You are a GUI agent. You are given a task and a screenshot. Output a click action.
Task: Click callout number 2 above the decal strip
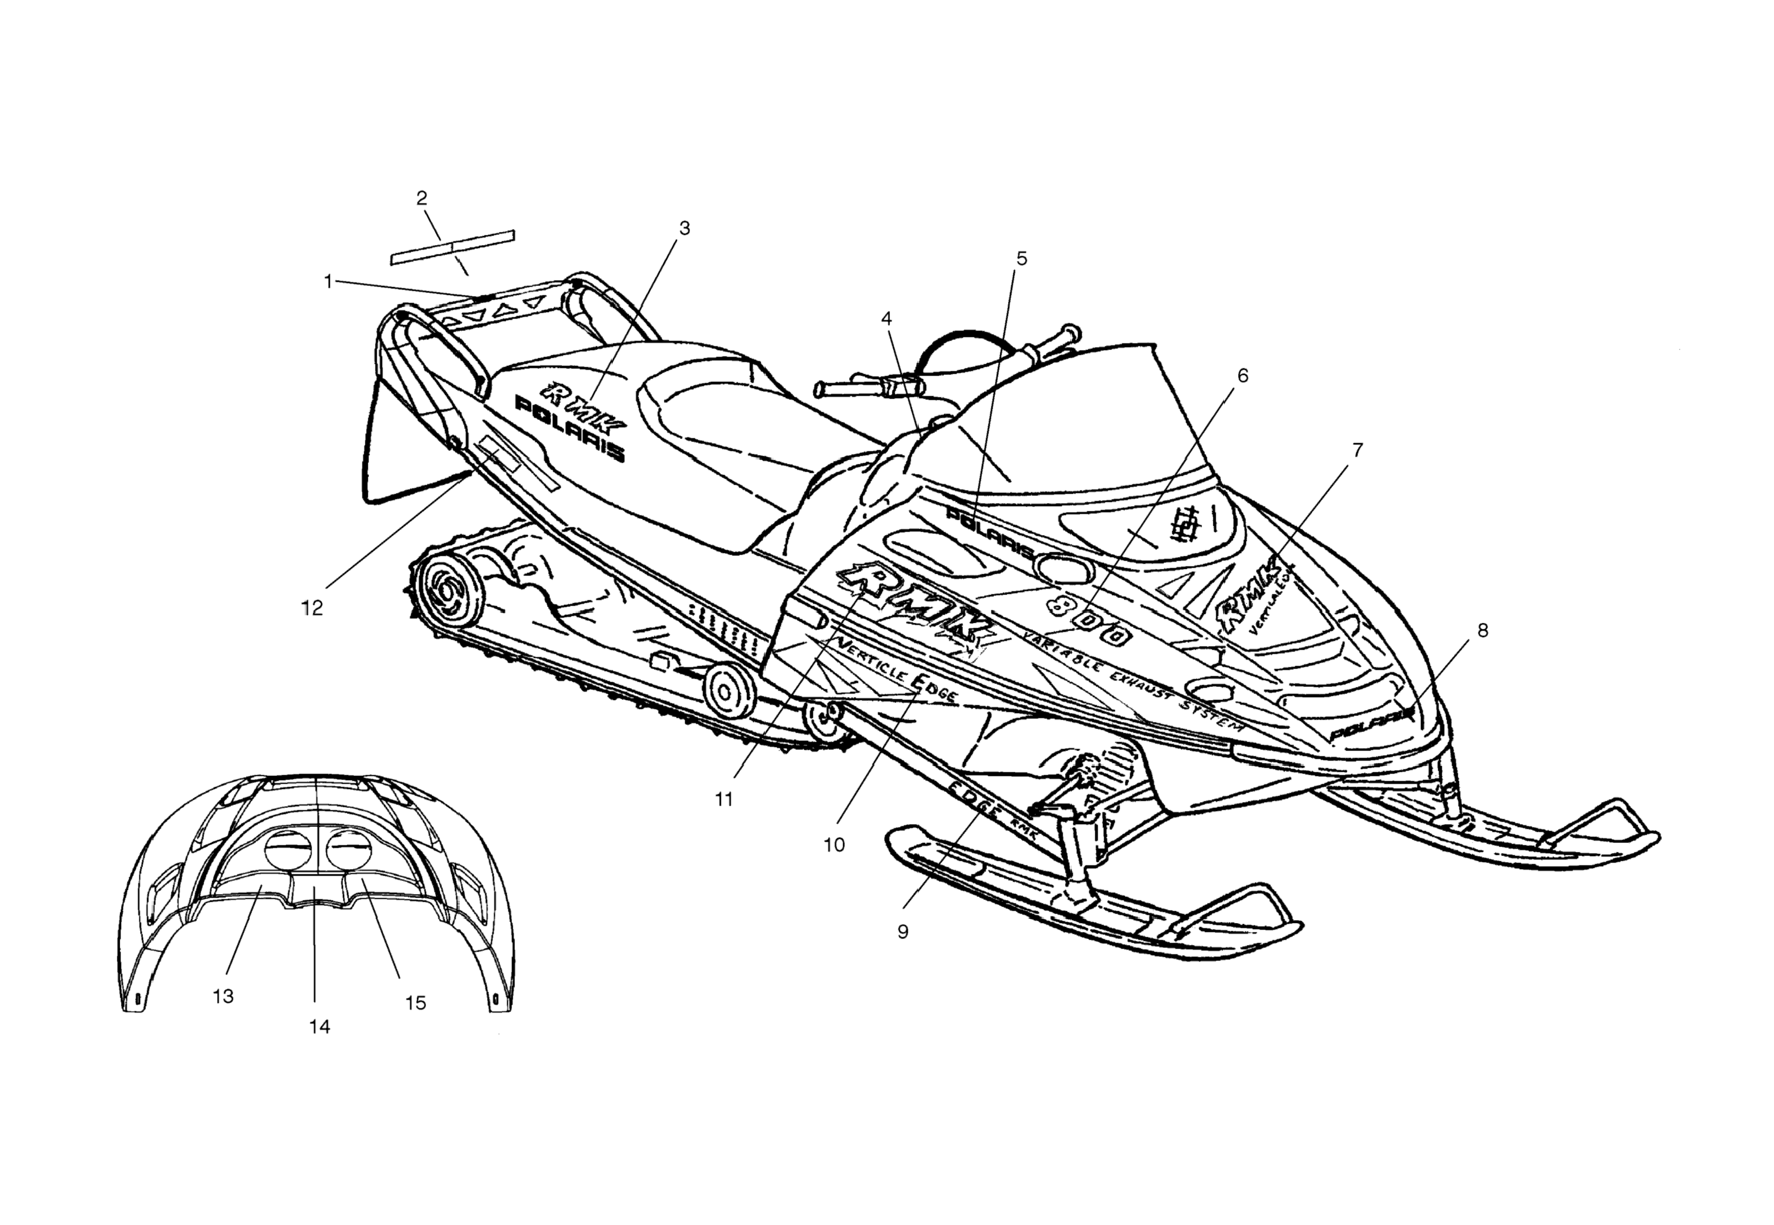pos(421,198)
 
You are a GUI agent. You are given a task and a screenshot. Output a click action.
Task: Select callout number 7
pos(1357,450)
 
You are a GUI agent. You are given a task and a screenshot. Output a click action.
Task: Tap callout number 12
pos(311,608)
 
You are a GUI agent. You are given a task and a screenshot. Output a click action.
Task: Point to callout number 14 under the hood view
pos(319,1027)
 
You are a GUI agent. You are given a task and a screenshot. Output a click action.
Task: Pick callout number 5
pos(1021,259)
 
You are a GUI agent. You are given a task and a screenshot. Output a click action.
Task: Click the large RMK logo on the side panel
pos(914,606)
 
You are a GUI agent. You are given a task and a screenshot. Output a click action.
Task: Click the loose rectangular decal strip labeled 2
pos(452,247)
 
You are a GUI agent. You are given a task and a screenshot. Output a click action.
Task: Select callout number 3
pos(684,228)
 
